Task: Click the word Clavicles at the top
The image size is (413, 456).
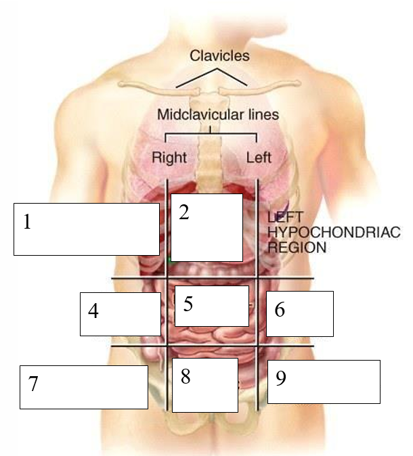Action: (219, 55)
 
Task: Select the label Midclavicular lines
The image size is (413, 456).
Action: (217, 114)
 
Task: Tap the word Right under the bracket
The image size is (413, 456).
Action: (169, 158)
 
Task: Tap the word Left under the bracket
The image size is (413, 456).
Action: (259, 158)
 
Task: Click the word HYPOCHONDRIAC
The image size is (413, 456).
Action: (334, 233)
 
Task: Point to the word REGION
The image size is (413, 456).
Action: (297, 248)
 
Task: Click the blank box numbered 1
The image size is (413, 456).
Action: (86, 229)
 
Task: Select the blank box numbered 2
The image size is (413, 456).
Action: (206, 227)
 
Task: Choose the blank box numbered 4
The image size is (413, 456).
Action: (121, 313)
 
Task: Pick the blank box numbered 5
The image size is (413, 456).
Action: (212, 305)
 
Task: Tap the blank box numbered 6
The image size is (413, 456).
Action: (299, 313)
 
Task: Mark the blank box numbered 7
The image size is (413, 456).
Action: (83, 386)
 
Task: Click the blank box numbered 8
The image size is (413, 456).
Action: (204, 384)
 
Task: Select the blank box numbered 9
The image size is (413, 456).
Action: (324, 381)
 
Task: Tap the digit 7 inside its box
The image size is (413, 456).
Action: (33, 384)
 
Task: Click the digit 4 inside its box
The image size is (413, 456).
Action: (93, 311)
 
